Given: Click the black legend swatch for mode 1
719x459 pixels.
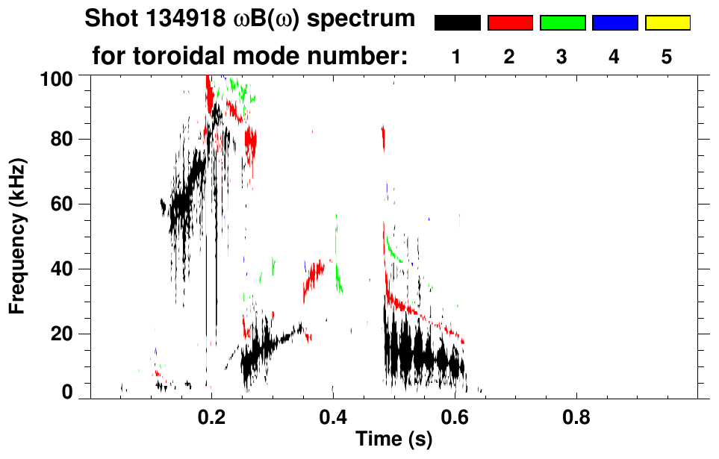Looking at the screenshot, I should click(457, 23).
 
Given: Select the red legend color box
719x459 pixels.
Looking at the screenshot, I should click(510, 23).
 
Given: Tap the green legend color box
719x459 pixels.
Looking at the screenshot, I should click(562, 23).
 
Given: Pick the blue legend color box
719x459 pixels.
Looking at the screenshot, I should click(614, 23).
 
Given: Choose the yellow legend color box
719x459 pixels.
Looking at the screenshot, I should click(667, 23).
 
